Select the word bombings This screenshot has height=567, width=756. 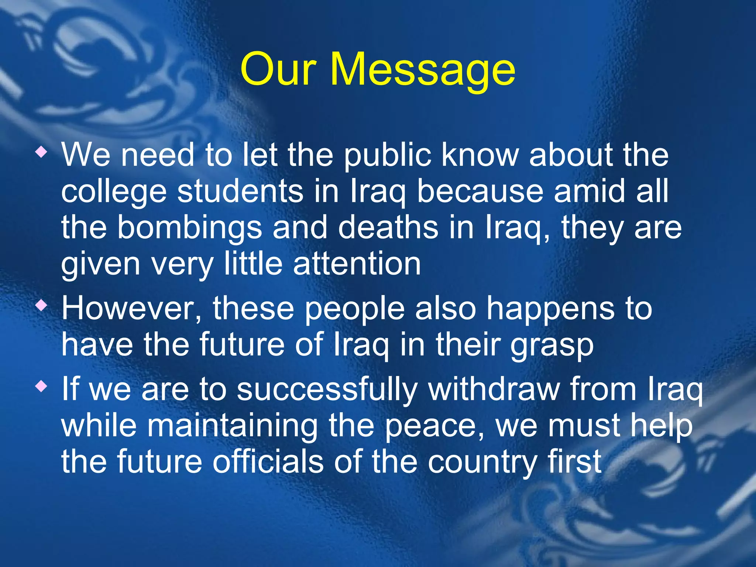pos(190,228)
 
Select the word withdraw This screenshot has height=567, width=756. pos(494,389)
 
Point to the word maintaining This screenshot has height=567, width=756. pos(232,426)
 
